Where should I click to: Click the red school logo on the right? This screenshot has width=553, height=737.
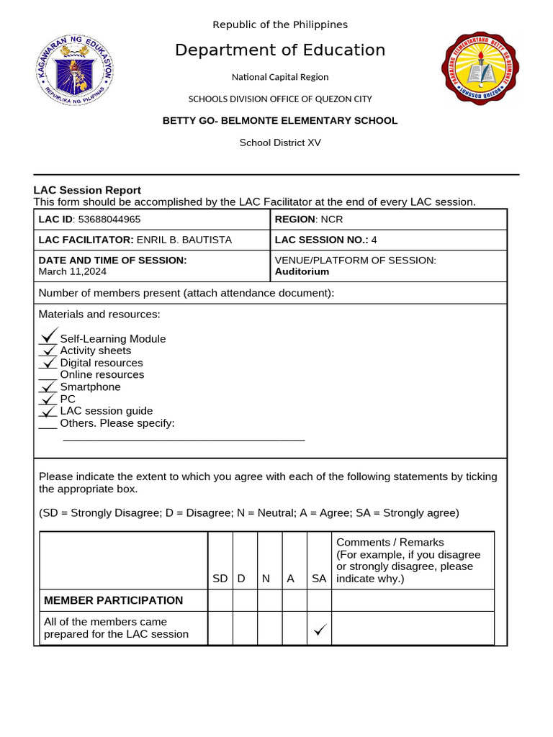coord(479,69)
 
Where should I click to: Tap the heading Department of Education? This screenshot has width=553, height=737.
coord(280,50)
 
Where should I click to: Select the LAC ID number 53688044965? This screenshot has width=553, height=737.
coord(109,220)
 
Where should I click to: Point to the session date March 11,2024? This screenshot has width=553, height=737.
coord(72,271)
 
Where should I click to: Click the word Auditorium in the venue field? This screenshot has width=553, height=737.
coord(302,271)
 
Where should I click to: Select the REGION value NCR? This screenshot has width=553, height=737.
coord(332,220)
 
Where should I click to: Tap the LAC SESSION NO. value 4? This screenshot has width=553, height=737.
coord(374,240)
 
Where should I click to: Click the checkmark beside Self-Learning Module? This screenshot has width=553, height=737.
coord(48,335)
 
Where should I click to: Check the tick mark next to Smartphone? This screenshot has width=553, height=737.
coord(48,386)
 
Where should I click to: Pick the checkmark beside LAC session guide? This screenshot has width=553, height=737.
coord(48,411)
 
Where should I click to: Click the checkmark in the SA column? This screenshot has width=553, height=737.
coord(319,630)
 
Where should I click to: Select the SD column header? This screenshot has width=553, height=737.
coord(220,579)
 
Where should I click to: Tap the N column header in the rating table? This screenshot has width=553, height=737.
coord(266,579)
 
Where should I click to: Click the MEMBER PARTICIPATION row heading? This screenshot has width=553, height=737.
coord(113,600)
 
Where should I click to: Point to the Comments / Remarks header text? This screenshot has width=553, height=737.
coord(390,542)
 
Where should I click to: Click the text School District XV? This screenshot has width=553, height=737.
coord(280,143)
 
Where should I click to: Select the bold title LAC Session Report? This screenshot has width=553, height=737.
coord(87,190)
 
